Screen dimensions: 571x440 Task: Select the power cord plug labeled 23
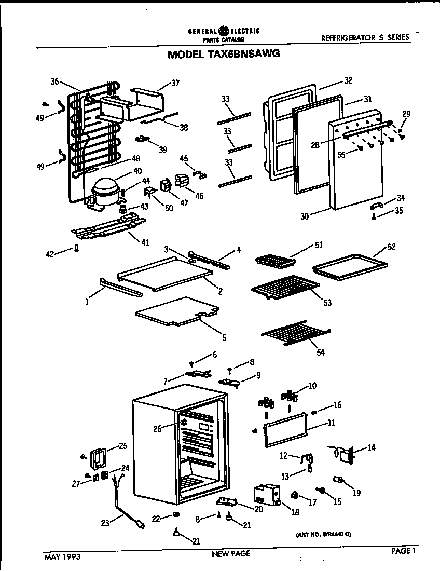139,526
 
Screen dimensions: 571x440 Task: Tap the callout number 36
56,81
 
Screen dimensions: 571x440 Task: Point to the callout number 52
391,247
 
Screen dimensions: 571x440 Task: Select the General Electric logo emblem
224,31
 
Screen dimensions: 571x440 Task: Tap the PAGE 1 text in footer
404,551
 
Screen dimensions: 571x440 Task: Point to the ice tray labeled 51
274,260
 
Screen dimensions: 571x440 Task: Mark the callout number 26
157,428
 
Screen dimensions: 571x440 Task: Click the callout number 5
224,338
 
